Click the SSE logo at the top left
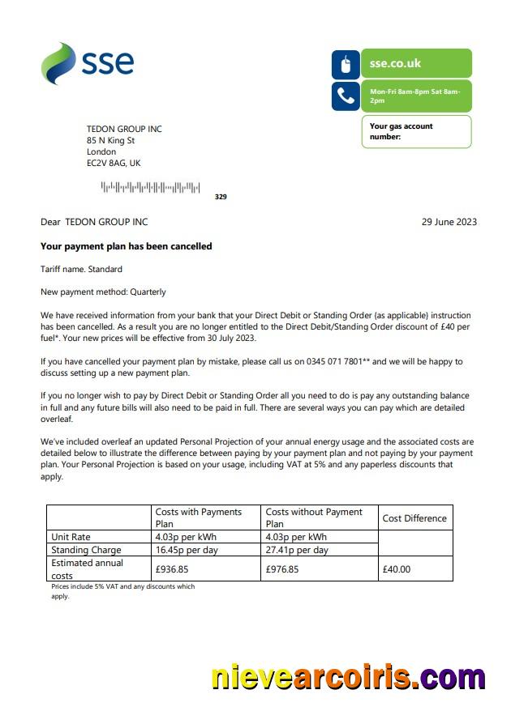(87, 63)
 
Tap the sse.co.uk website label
(395, 63)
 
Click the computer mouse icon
(346, 64)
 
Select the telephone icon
(346, 96)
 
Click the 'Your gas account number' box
(416, 131)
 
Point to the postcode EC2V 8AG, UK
(114, 163)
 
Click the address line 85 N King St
(110, 140)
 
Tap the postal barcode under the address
(150, 188)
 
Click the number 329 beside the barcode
(221, 197)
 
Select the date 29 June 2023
(449, 222)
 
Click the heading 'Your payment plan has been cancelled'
(126, 246)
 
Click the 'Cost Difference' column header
(414, 518)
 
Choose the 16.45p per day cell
(186, 550)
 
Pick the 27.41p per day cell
(297, 550)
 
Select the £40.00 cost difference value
(397, 569)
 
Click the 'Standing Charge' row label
(86, 550)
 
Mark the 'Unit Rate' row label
(71, 537)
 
